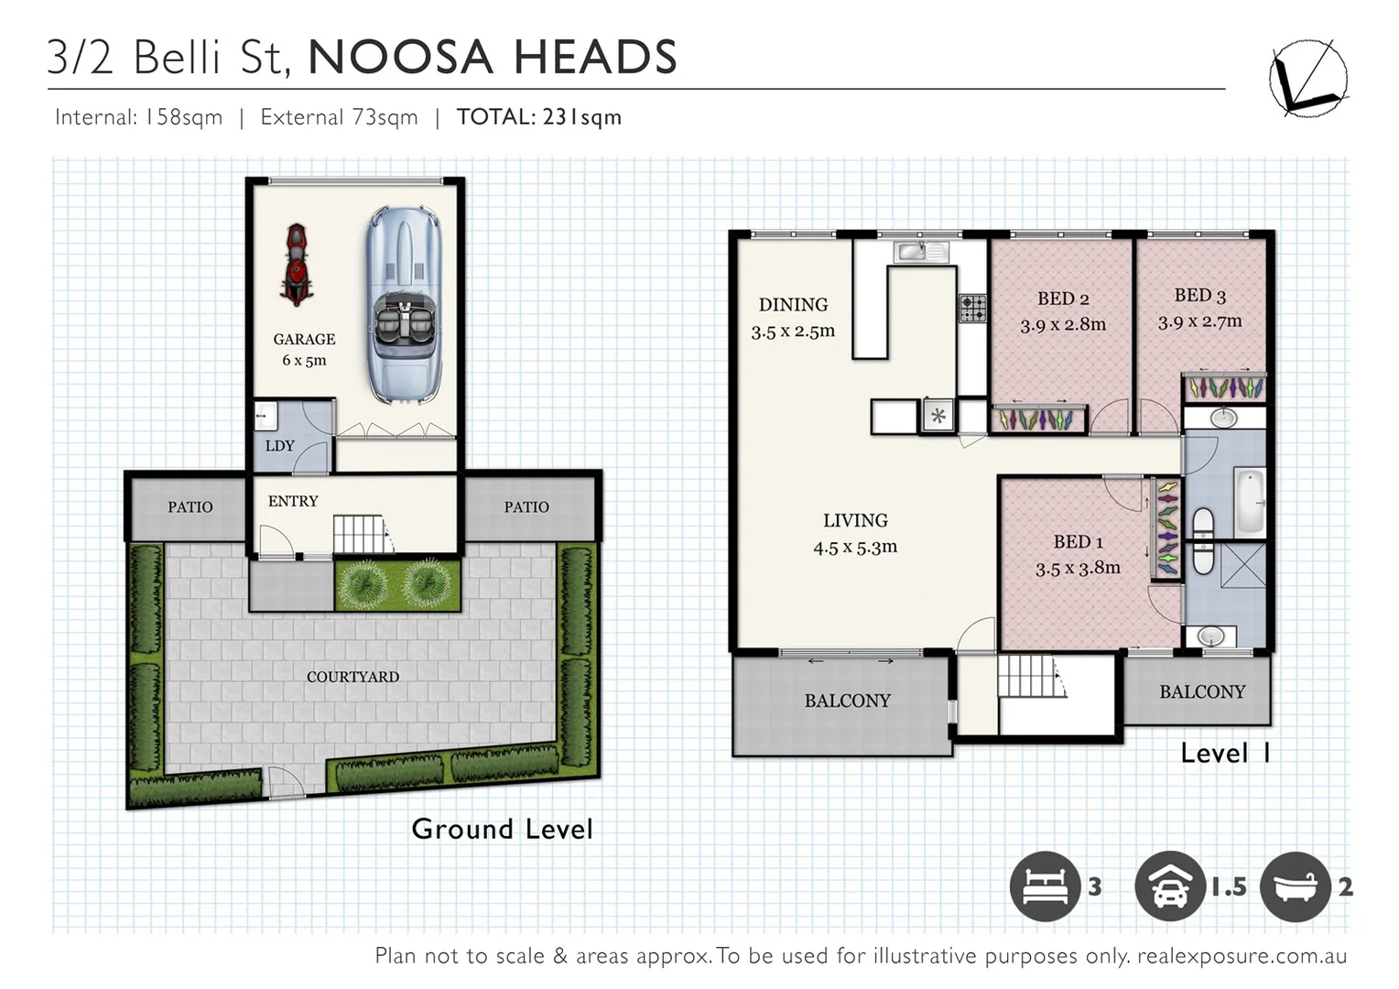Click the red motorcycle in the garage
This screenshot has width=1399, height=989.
tap(295, 265)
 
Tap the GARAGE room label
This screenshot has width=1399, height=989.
tap(304, 339)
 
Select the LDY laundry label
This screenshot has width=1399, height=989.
tap(279, 446)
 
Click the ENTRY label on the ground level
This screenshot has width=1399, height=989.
tap(293, 501)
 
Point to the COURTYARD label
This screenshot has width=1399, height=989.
tap(352, 677)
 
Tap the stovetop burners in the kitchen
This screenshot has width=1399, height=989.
tap(972, 309)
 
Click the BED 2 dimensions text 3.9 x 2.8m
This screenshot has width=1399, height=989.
tap(1063, 324)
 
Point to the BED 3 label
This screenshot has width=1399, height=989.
tap(1199, 295)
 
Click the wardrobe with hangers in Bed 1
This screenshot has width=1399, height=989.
tap(1166, 528)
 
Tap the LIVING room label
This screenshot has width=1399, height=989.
tap(855, 520)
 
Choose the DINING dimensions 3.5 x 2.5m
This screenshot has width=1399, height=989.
tap(793, 331)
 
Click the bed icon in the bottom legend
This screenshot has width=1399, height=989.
tap(1045, 886)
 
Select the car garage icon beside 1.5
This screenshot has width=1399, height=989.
tap(1169, 886)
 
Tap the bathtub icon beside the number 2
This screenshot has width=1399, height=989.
tap(1295, 886)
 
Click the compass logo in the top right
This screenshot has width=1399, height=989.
tap(1307, 78)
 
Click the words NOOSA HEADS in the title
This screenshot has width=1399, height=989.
tap(493, 57)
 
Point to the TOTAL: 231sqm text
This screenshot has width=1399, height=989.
tap(538, 117)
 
